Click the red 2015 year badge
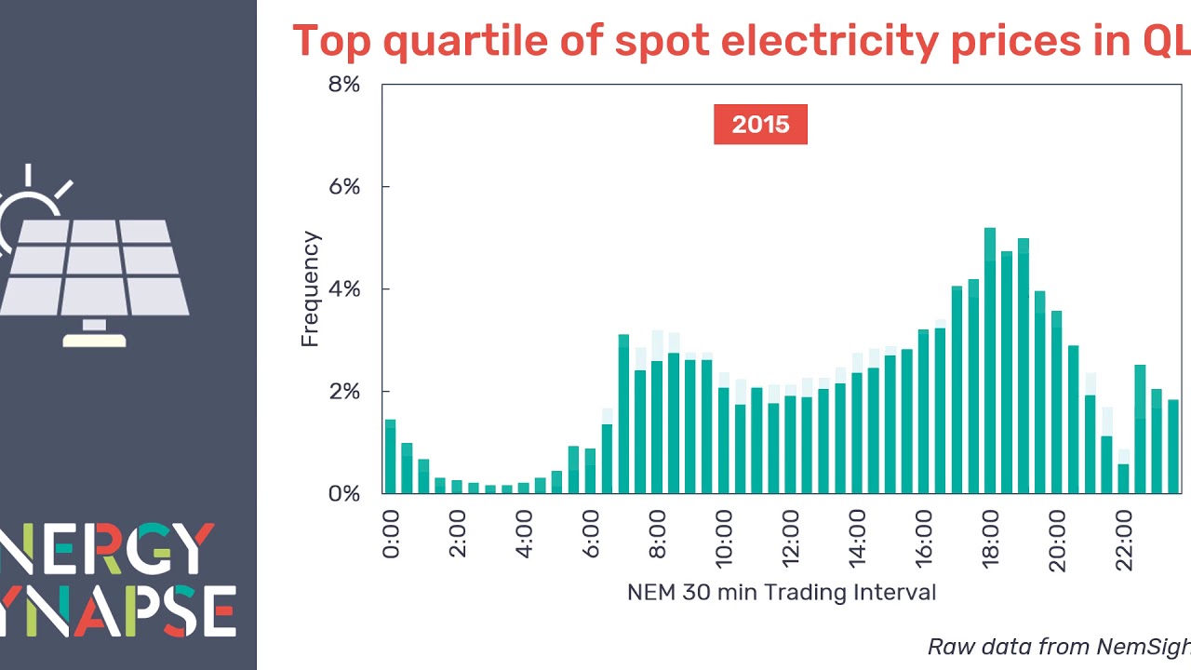click(x=760, y=125)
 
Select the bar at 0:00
click(x=391, y=456)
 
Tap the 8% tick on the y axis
click(x=342, y=85)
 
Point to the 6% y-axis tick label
click(x=342, y=187)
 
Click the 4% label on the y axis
click(x=342, y=289)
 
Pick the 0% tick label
click(x=342, y=493)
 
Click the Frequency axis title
click(x=310, y=289)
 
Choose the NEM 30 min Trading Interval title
click(x=782, y=593)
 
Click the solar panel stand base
click(x=94, y=340)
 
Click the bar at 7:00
click(x=623, y=414)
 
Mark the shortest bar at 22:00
click(x=1123, y=478)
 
